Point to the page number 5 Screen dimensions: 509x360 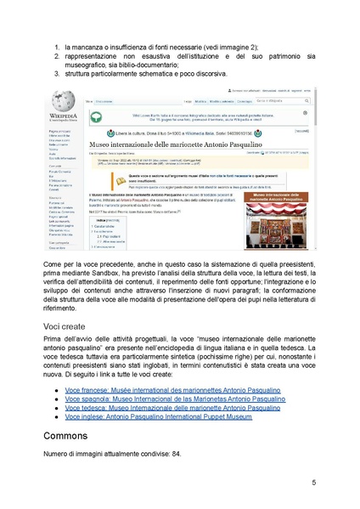pyautogui.click(x=313, y=483)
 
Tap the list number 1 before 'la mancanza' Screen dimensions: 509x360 pyautogui.click(x=56, y=44)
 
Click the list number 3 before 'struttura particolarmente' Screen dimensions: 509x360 pyautogui.click(x=56, y=74)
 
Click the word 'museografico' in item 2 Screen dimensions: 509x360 pyautogui.click(x=89, y=64)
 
